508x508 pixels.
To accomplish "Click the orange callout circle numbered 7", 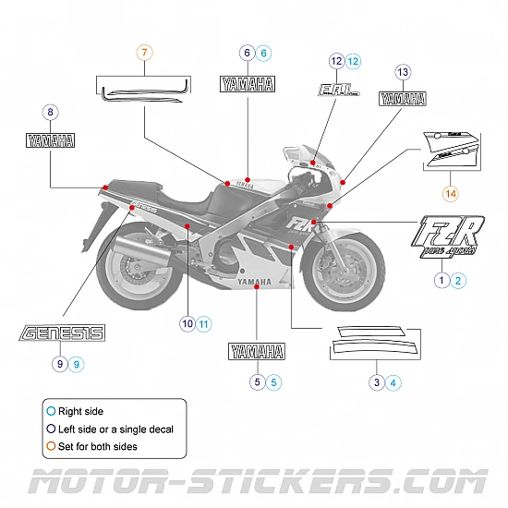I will (145, 53).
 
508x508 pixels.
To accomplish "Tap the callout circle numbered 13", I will (402, 72).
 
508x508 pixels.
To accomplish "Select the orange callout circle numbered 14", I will (450, 193).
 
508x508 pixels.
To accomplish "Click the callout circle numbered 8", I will (50, 113).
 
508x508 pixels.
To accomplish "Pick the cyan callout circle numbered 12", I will (353, 61).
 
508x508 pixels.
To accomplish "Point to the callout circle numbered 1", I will (441, 279).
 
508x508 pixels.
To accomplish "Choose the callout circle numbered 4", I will (393, 381).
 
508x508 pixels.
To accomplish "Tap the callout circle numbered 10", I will (187, 323).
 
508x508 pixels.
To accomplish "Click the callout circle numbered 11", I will (204, 323).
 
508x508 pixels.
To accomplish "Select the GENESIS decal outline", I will (62, 333).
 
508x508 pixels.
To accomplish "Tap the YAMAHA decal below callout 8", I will (50, 141).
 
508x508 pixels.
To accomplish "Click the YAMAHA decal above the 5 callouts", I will (256, 351).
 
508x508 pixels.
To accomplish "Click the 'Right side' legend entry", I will (80, 411).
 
